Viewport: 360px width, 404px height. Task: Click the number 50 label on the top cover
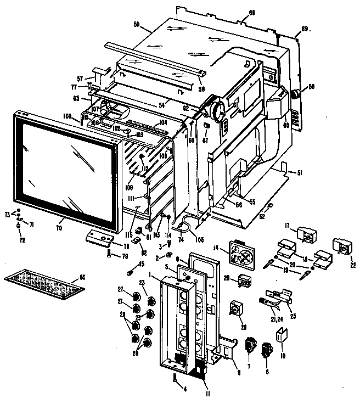(x=136, y=26)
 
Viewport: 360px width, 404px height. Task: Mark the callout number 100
(x=67, y=115)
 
